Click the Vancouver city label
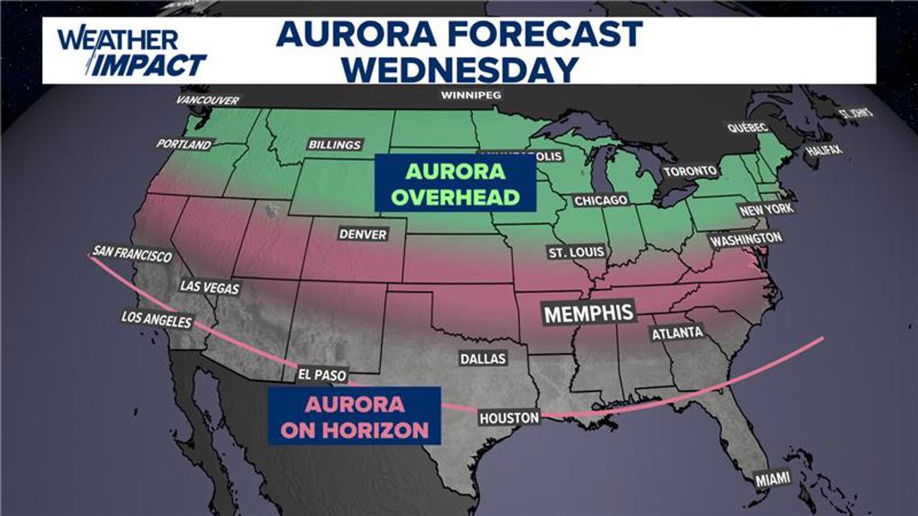209,101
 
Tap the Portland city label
185,145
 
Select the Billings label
334,145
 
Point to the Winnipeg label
471,95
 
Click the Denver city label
362,234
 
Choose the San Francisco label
132,254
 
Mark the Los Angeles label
156,320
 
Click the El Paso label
320,374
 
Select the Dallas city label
482,358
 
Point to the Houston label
509,418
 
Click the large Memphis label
589,312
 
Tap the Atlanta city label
677,332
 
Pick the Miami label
771,480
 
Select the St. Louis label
576,252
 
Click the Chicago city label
600,200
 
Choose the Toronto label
689,171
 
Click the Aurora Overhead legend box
455,184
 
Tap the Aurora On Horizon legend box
354,415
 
